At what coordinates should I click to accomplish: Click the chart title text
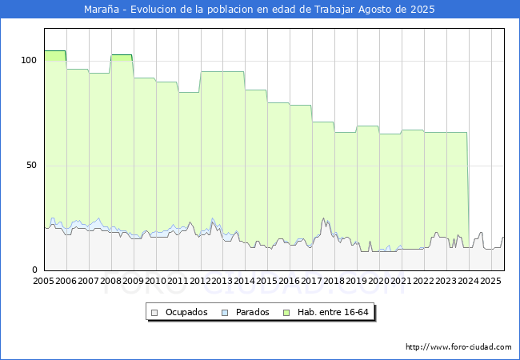260,10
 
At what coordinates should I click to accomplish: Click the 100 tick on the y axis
30,61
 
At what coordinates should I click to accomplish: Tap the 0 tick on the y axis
34,270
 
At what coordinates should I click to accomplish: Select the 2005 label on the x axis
44,282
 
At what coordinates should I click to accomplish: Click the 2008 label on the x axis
111,282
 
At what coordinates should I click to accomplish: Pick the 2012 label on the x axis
201,282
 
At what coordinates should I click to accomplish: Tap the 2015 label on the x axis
267,282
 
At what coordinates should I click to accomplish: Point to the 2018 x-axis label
334,282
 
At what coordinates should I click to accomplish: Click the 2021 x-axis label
402,282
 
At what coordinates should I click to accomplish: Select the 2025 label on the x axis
490,282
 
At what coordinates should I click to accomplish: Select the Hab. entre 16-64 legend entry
335,312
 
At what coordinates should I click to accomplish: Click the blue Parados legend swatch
226,312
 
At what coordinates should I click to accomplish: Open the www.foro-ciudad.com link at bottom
458,347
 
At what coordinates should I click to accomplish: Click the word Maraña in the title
100,10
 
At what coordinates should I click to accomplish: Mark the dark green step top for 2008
122,55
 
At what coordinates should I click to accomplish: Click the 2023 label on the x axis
446,282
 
